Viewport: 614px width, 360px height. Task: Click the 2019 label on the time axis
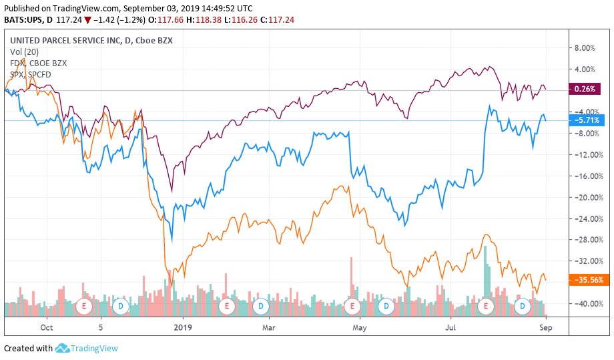182,327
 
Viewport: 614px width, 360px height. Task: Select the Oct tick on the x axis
46,327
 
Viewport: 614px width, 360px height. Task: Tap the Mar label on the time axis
268,327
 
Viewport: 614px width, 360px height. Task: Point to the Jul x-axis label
451,327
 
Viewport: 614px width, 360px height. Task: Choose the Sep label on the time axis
545,327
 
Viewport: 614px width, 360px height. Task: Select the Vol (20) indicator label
25,51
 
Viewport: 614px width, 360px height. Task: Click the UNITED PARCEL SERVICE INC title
67,41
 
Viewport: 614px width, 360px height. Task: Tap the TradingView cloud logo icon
63,348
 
